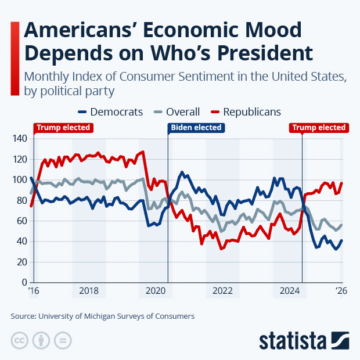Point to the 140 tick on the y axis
pos(19,139)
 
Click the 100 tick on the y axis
pos(19,180)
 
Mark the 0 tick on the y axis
pos(24,283)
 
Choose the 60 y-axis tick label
pos(21,221)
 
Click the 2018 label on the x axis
pos(89,291)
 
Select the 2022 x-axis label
pos(223,291)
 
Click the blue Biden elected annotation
pos(195,128)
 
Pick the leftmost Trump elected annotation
pos(63,128)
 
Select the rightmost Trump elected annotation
pos(319,128)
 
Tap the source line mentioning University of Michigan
pos(102,316)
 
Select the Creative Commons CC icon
pos(19,340)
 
